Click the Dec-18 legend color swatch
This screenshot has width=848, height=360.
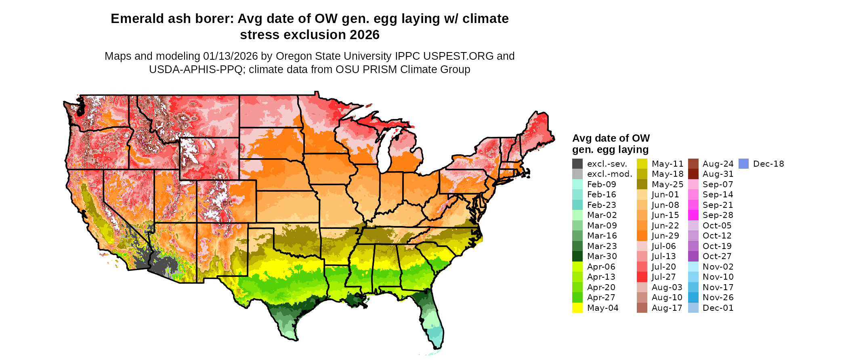(x=743, y=164)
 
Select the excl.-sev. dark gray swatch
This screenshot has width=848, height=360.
(x=577, y=164)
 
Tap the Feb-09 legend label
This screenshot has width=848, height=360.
(x=602, y=184)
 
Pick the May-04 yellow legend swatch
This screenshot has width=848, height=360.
(x=577, y=308)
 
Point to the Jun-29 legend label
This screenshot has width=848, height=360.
(x=665, y=236)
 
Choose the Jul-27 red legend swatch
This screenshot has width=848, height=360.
(x=642, y=277)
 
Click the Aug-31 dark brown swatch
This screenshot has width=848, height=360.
(x=693, y=174)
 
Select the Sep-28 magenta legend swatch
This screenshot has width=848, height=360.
(x=693, y=215)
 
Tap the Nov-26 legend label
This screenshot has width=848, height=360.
(x=718, y=297)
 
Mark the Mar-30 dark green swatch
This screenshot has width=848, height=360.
(x=577, y=256)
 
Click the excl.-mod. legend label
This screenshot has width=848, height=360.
(x=610, y=174)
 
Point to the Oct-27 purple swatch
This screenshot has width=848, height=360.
(x=693, y=256)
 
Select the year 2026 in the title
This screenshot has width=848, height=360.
(x=365, y=35)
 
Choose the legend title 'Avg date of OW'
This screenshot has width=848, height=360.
(x=611, y=138)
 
